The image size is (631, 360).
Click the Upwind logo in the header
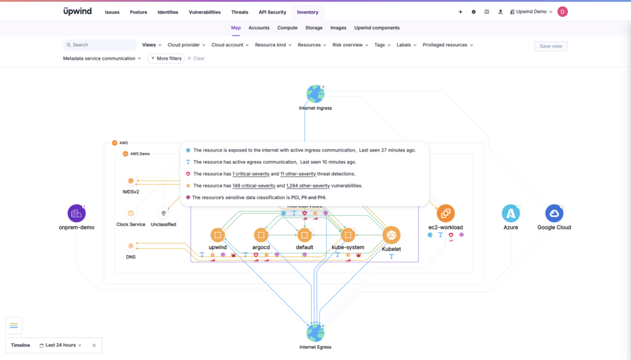[x=77, y=11]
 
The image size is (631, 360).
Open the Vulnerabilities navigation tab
[x=205, y=12]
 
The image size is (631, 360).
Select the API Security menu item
[x=272, y=12]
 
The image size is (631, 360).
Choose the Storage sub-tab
[x=314, y=28]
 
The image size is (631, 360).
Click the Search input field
[x=102, y=45]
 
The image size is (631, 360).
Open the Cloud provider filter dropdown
[x=186, y=45]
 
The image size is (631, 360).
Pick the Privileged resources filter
[x=447, y=45]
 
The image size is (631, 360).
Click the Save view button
[x=550, y=46]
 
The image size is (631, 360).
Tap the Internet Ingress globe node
[x=315, y=94]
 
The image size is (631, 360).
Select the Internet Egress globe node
[x=315, y=333]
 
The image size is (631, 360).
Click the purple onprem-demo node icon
[x=76, y=213]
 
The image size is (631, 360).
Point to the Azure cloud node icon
[x=510, y=213]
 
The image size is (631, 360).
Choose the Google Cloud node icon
[x=554, y=213]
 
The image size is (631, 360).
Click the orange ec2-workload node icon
[x=446, y=213]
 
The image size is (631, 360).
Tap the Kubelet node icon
[x=391, y=235]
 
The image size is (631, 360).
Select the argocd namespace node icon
[x=261, y=235]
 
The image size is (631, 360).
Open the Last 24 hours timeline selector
[x=60, y=345]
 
